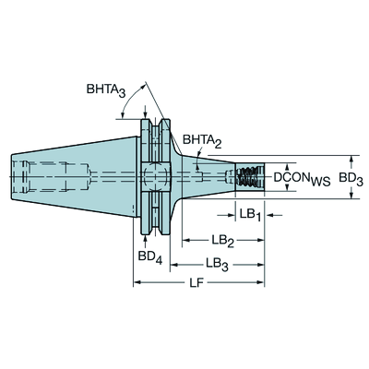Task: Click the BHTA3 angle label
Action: pyautogui.click(x=106, y=90)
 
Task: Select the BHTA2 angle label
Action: pyautogui.click(x=202, y=141)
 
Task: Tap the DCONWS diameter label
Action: pyautogui.click(x=302, y=178)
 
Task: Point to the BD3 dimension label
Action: pyautogui.click(x=351, y=178)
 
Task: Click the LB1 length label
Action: pyautogui.click(x=250, y=215)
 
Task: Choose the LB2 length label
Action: pyautogui.click(x=223, y=240)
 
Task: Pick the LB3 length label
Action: pyautogui.click(x=217, y=264)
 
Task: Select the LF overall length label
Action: pyautogui.click(x=196, y=282)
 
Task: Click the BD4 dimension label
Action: pyautogui.click(x=149, y=257)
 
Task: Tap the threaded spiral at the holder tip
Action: pyautogui.click(x=249, y=177)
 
